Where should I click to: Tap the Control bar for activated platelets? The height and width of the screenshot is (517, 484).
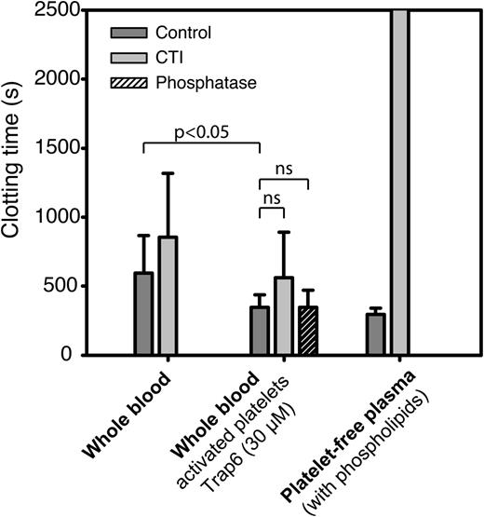[x=260, y=331]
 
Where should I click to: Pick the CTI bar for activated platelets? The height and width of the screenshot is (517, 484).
[x=284, y=316]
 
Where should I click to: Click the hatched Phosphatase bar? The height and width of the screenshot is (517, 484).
[x=308, y=331]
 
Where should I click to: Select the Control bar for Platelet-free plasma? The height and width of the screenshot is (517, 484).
[x=375, y=333]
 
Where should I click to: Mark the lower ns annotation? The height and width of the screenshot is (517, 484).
[x=272, y=198]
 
